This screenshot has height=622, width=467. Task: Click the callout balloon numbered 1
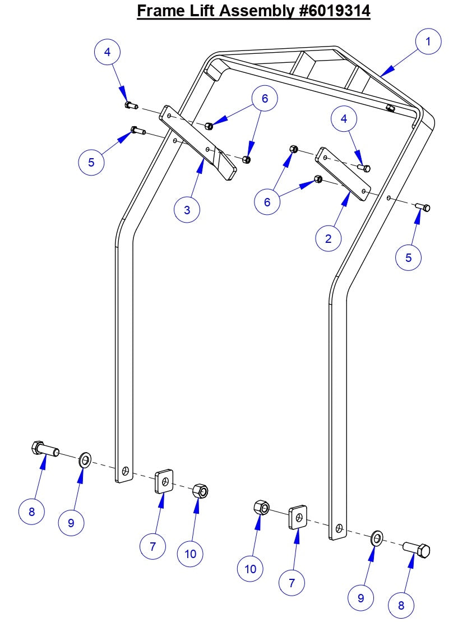tap(428, 42)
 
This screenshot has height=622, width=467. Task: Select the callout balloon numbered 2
tap(328, 238)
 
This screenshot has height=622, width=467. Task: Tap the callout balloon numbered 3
tap(187, 210)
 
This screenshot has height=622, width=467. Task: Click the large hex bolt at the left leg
tap(44, 449)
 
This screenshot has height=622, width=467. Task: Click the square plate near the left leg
tap(164, 481)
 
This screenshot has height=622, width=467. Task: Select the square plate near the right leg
tap(298, 517)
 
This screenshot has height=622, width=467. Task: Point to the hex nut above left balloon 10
tap(200, 491)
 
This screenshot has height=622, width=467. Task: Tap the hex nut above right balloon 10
tap(261, 508)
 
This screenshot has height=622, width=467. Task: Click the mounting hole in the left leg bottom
tap(126, 470)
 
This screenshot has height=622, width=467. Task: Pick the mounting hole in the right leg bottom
tap(339, 528)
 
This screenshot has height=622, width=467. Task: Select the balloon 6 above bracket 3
tap(264, 99)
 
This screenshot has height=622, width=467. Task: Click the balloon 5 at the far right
tap(408, 257)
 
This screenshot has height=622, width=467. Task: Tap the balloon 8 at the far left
tap(31, 511)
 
